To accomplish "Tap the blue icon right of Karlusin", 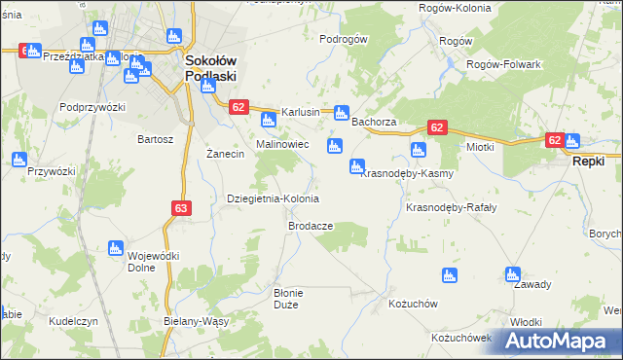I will [342, 112].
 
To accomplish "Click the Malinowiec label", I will [282, 144].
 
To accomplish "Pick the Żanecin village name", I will [225, 155].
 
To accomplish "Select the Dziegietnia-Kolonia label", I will [273, 198].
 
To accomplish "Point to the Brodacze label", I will [311, 226].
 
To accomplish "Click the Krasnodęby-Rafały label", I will [451, 208].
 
